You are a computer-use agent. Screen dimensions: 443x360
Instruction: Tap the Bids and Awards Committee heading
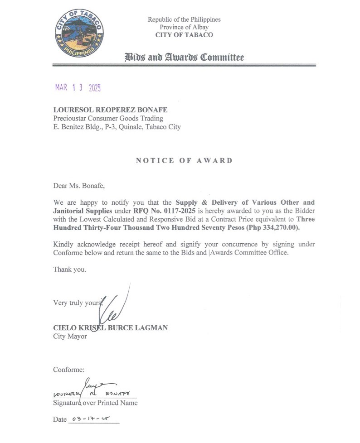click(x=184, y=58)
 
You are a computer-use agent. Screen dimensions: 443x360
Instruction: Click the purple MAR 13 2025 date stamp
click(x=78, y=87)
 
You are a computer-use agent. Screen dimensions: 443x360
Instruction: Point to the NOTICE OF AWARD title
click(x=184, y=161)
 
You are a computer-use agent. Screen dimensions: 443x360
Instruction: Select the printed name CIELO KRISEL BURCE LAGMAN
click(x=110, y=327)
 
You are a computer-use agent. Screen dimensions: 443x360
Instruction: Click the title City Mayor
click(x=70, y=336)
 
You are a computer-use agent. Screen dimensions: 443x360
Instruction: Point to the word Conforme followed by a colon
click(x=68, y=370)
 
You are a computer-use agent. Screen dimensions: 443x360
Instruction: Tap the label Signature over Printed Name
click(x=95, y=403)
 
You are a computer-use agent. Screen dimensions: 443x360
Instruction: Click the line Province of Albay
click(x=184, y=27)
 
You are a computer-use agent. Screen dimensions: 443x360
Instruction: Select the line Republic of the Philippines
click(x=184, y=19)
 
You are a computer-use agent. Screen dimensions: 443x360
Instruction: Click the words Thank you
click(x=69, y=269)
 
